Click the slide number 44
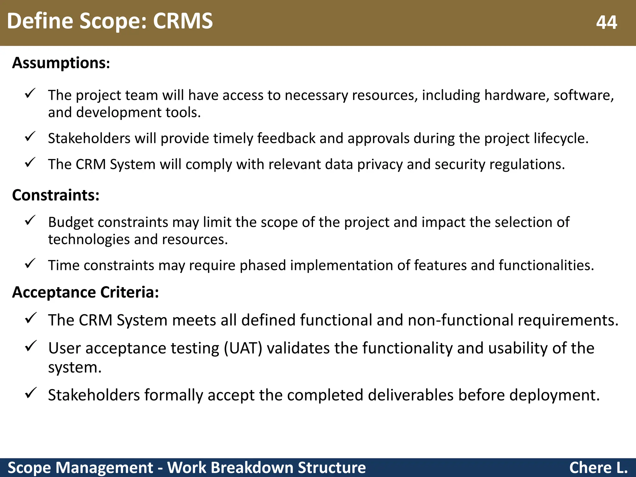606,22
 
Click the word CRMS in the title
183,21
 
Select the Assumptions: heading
61,63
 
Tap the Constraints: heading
56,195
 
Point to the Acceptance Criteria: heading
85,292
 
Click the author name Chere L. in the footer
598,468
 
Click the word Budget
71,222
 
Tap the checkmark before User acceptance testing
31,346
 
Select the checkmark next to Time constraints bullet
30,264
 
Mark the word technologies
89,239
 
